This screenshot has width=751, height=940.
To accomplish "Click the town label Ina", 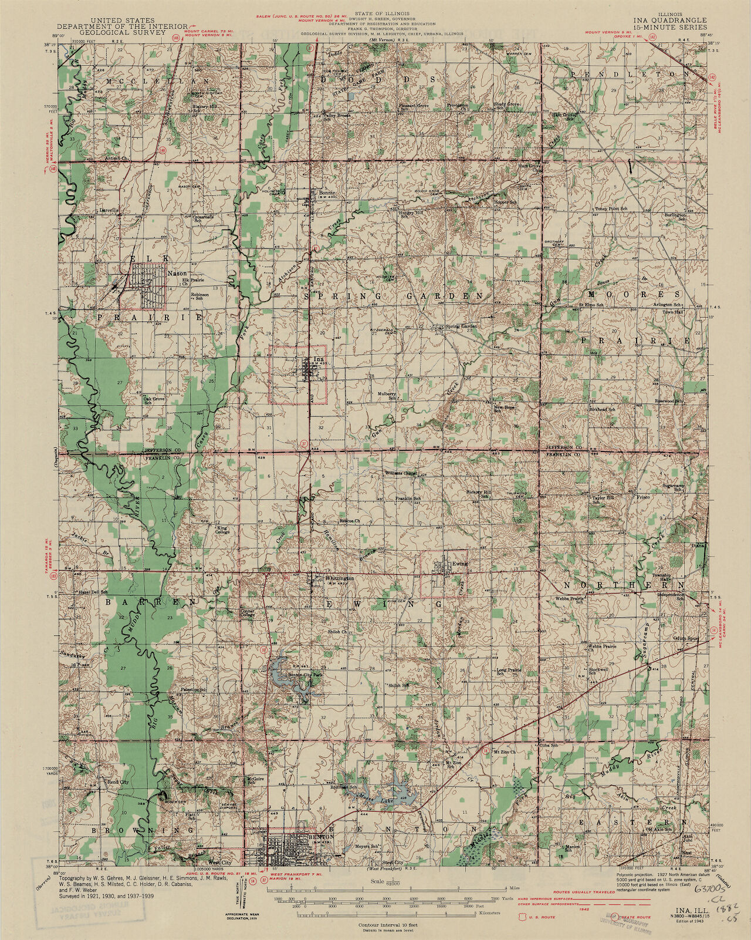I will click(x=319, y=359).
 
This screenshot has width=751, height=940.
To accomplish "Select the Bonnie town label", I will click(x=326, y=193).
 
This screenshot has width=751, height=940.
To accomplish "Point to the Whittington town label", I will click(x=339, y=578).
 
